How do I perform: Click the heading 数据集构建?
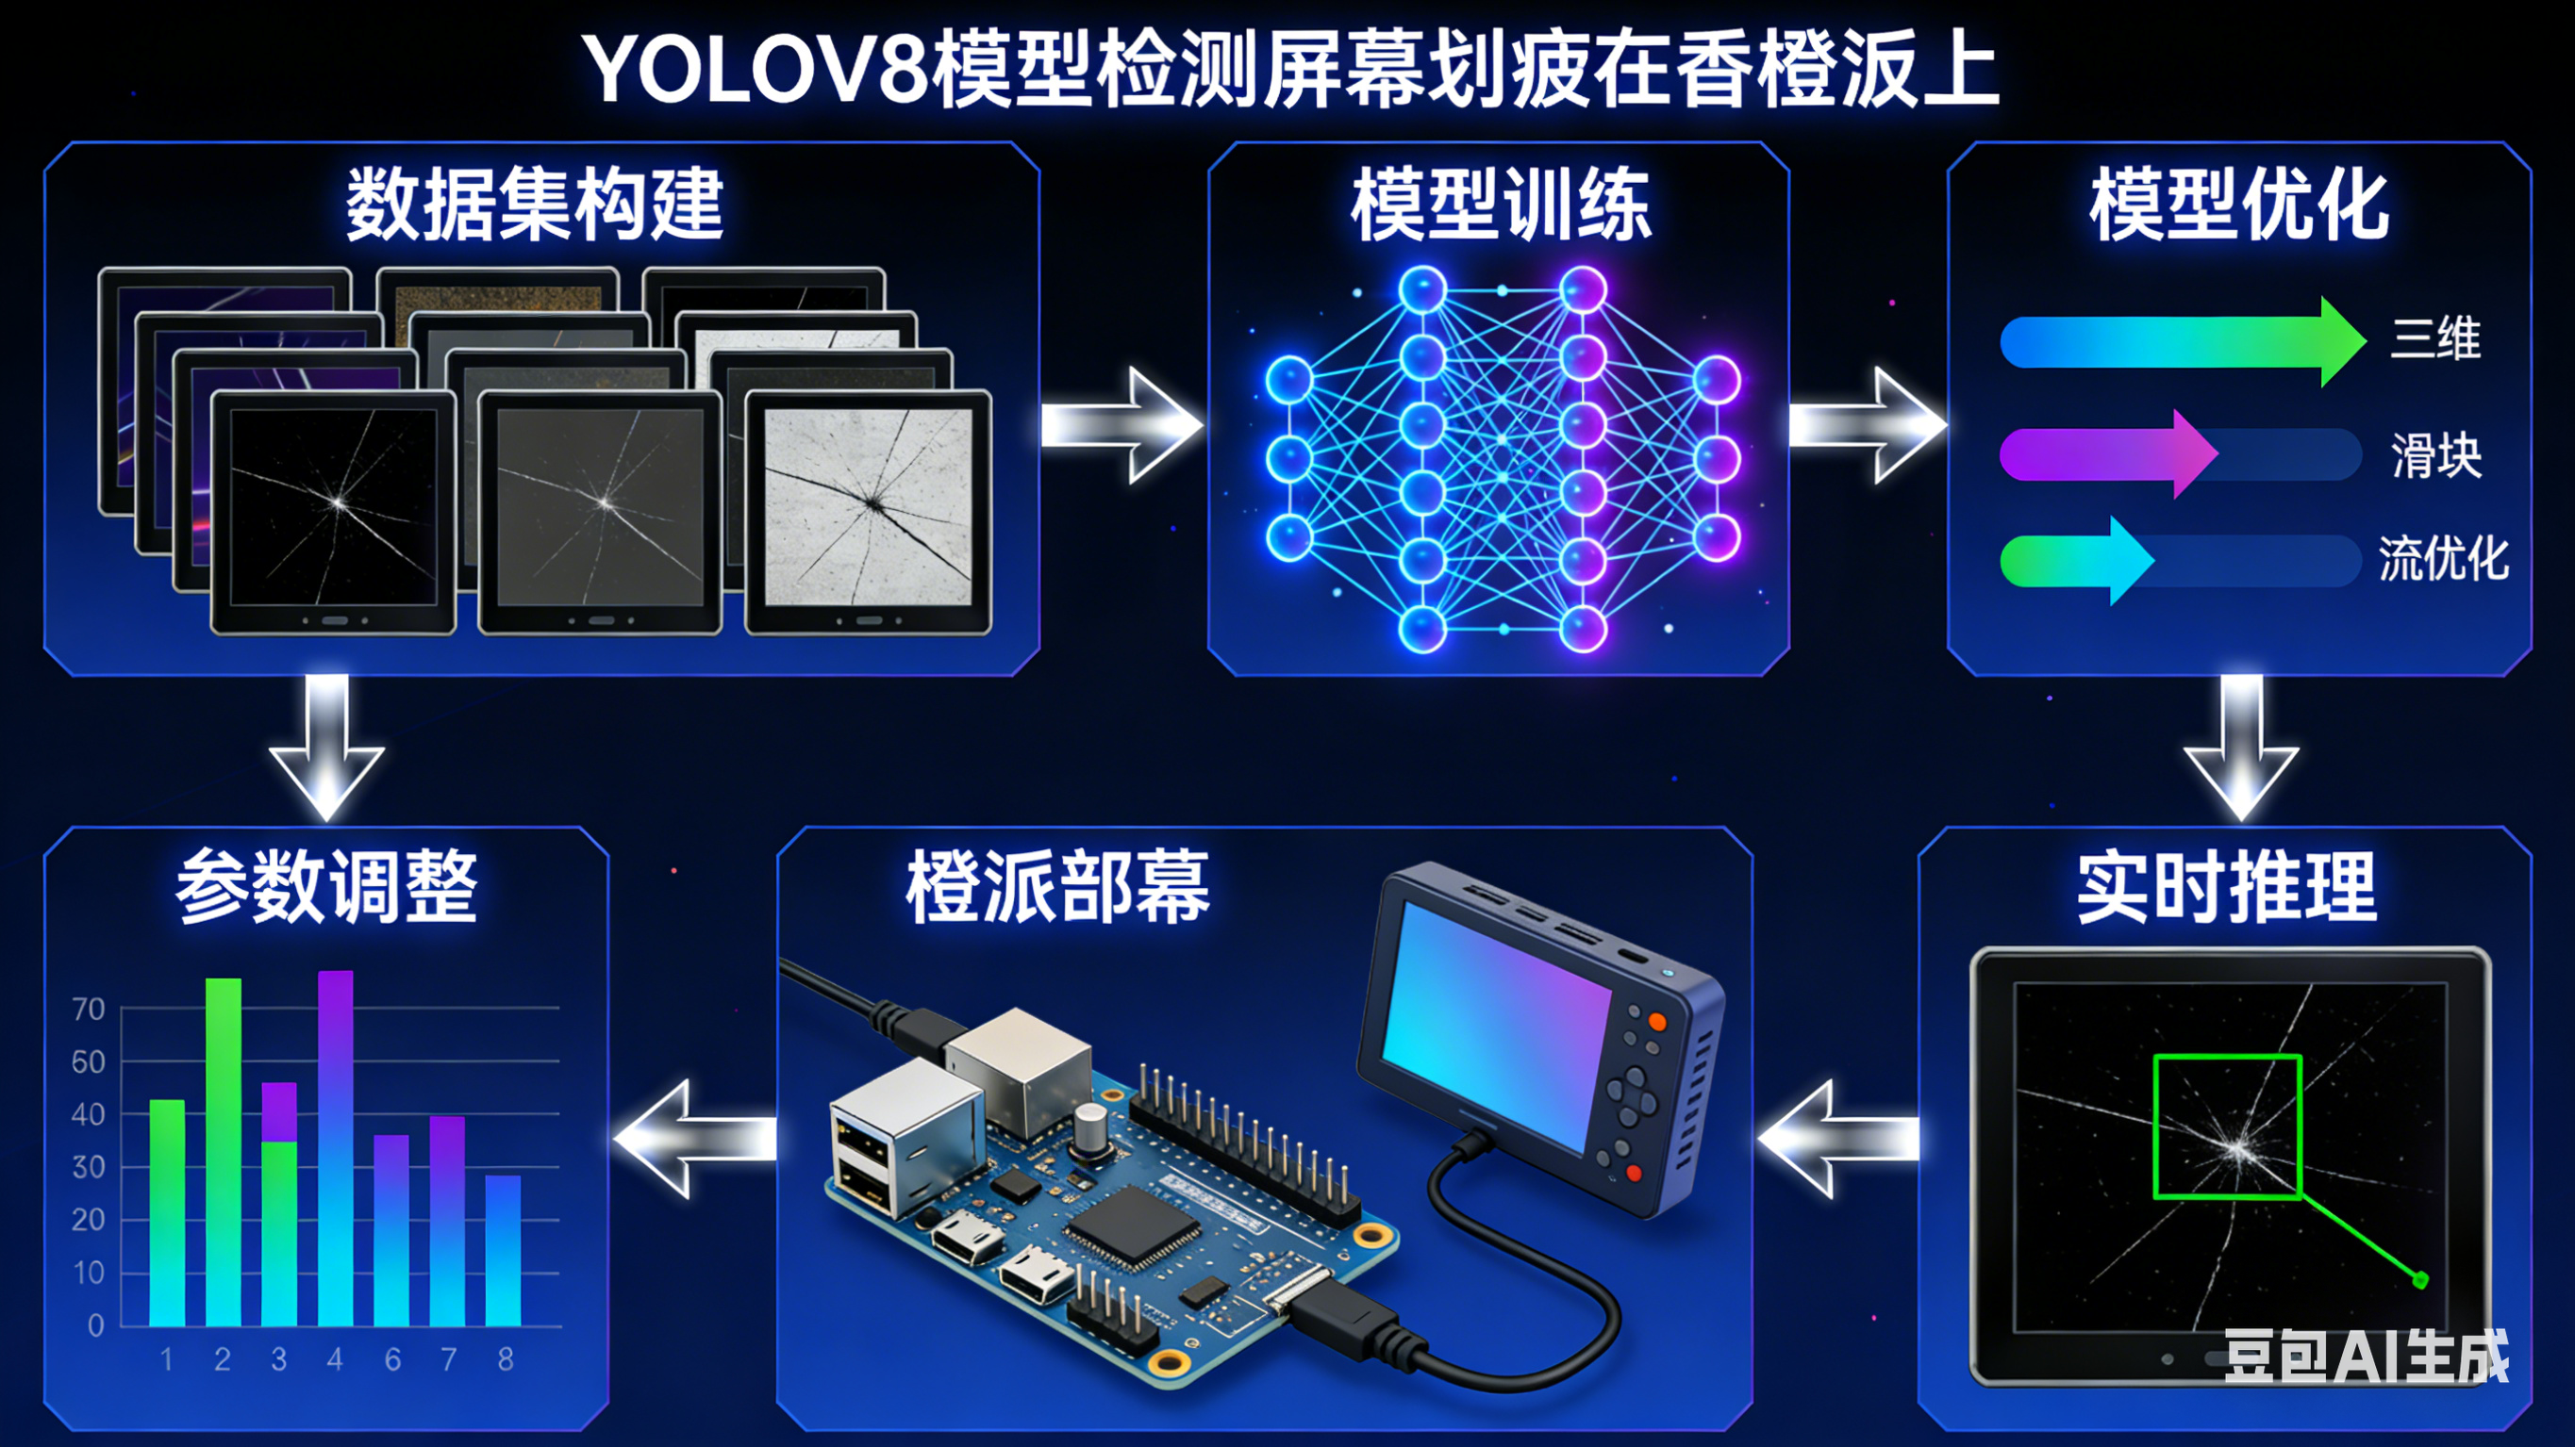point(535,205)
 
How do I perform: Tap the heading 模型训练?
point(1500,205)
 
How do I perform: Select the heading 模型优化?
point(2239,205)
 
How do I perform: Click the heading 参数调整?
point(327,887)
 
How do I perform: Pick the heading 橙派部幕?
point(1057,887)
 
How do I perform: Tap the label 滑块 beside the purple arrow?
point(2435,455)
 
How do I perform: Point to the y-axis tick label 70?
point(88,1010)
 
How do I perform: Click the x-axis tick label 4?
point(335,1359)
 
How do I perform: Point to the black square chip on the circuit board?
point(1133,1227)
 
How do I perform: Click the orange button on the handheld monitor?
point(1656,1021)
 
